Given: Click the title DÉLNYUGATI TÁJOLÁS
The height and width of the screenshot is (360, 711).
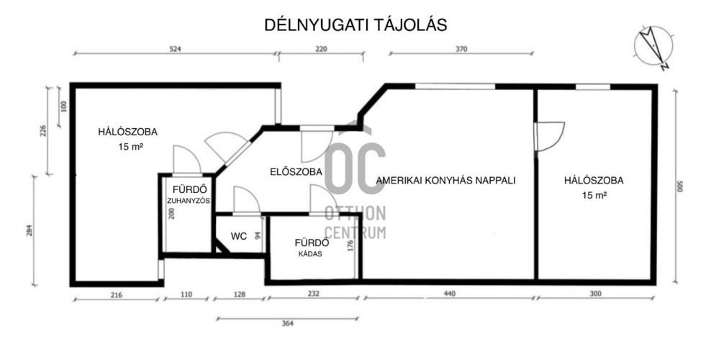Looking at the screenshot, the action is pos(355,24).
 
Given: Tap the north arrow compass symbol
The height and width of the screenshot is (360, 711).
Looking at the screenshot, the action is pos(653,48).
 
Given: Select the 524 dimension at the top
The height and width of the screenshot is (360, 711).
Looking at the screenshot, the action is pos(175,49).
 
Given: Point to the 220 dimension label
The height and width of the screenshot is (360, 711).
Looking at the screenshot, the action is pos(320,49).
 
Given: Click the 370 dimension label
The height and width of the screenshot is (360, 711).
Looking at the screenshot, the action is pos(461,49).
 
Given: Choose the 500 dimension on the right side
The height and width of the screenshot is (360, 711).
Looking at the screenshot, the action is pos(680,186).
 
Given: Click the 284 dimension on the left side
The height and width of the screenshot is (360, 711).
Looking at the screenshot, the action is pos(30,231).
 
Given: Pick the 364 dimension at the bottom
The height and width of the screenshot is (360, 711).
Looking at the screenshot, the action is pos(287,323).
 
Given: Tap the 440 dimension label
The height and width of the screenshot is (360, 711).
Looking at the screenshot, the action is pos(449,294).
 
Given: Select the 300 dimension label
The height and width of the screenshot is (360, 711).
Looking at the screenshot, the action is pos(595,294).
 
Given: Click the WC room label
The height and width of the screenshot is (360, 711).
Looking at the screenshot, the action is pos(238,236).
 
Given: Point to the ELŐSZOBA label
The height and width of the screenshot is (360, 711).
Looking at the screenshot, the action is pos(296,172).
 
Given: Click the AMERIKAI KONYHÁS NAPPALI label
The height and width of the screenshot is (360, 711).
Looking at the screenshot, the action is pos(445,180).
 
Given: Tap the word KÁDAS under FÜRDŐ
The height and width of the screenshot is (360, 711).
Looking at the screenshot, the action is pos(310,254).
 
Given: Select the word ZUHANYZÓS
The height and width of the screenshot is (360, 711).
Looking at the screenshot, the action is pos(188,201).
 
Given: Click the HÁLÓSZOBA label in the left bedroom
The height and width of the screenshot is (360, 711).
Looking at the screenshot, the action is pos(128,132).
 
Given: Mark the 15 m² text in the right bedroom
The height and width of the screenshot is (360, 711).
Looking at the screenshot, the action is pos(594,195).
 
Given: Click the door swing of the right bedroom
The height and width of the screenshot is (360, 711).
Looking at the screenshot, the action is pos(550,136).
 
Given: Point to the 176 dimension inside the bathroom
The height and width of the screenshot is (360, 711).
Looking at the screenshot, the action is pos(350,246).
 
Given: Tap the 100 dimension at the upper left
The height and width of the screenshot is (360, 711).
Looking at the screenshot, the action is pos(63,106).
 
